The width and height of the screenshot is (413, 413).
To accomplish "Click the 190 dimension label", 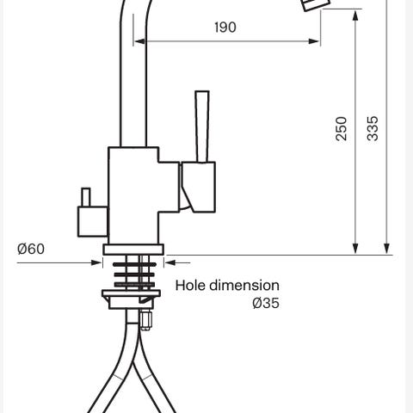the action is (225, 28).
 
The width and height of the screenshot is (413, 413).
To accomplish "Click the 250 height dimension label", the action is (342, 128).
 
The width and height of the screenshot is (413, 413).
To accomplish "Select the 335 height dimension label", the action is (373, 128).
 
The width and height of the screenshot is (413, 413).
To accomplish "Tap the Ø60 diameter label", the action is (31, 249).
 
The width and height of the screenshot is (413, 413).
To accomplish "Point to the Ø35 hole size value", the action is (266, 303).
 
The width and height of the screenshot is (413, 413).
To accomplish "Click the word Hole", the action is (191, 286).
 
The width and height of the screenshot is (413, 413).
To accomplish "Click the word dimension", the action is (244, 286).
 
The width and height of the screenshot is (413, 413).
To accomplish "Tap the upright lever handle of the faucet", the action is (202, 126).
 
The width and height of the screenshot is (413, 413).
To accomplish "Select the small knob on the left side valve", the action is (86, 197).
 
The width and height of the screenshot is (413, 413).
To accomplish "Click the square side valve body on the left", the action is (93, 222).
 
